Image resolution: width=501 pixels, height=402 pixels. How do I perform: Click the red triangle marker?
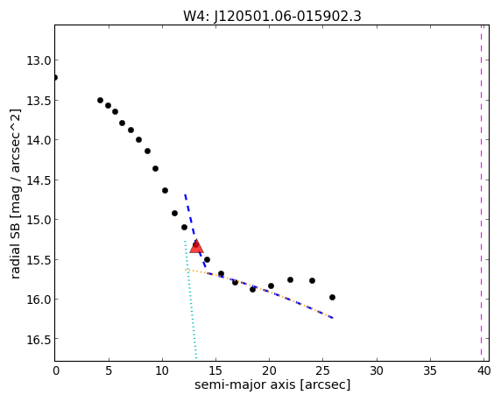[x=196, y=246]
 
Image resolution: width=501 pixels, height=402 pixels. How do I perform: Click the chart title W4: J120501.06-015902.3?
[x=272, y=16]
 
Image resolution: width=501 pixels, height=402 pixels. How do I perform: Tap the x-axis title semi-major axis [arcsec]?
[x=272, y=384]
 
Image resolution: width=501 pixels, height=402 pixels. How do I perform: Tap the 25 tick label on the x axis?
[x=322, y=370]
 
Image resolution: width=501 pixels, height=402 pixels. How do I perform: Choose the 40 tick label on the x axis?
[x=483, y=370]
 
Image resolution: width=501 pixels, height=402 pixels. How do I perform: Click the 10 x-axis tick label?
[x=162, y=370]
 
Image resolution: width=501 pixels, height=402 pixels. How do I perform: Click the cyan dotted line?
[x=190, y=300]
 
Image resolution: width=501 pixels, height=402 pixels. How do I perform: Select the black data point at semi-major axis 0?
[x=55, y=77]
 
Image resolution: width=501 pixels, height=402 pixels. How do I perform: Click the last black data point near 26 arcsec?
[x=332, y=297]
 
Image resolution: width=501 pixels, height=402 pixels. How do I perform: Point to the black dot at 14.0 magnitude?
[x=138, y=139]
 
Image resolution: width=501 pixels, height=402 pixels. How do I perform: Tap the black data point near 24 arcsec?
[x=312, y=280]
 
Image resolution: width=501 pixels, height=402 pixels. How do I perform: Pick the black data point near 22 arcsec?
[x=290, y=279]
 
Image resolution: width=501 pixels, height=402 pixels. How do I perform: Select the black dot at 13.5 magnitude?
[x=100, y=101]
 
